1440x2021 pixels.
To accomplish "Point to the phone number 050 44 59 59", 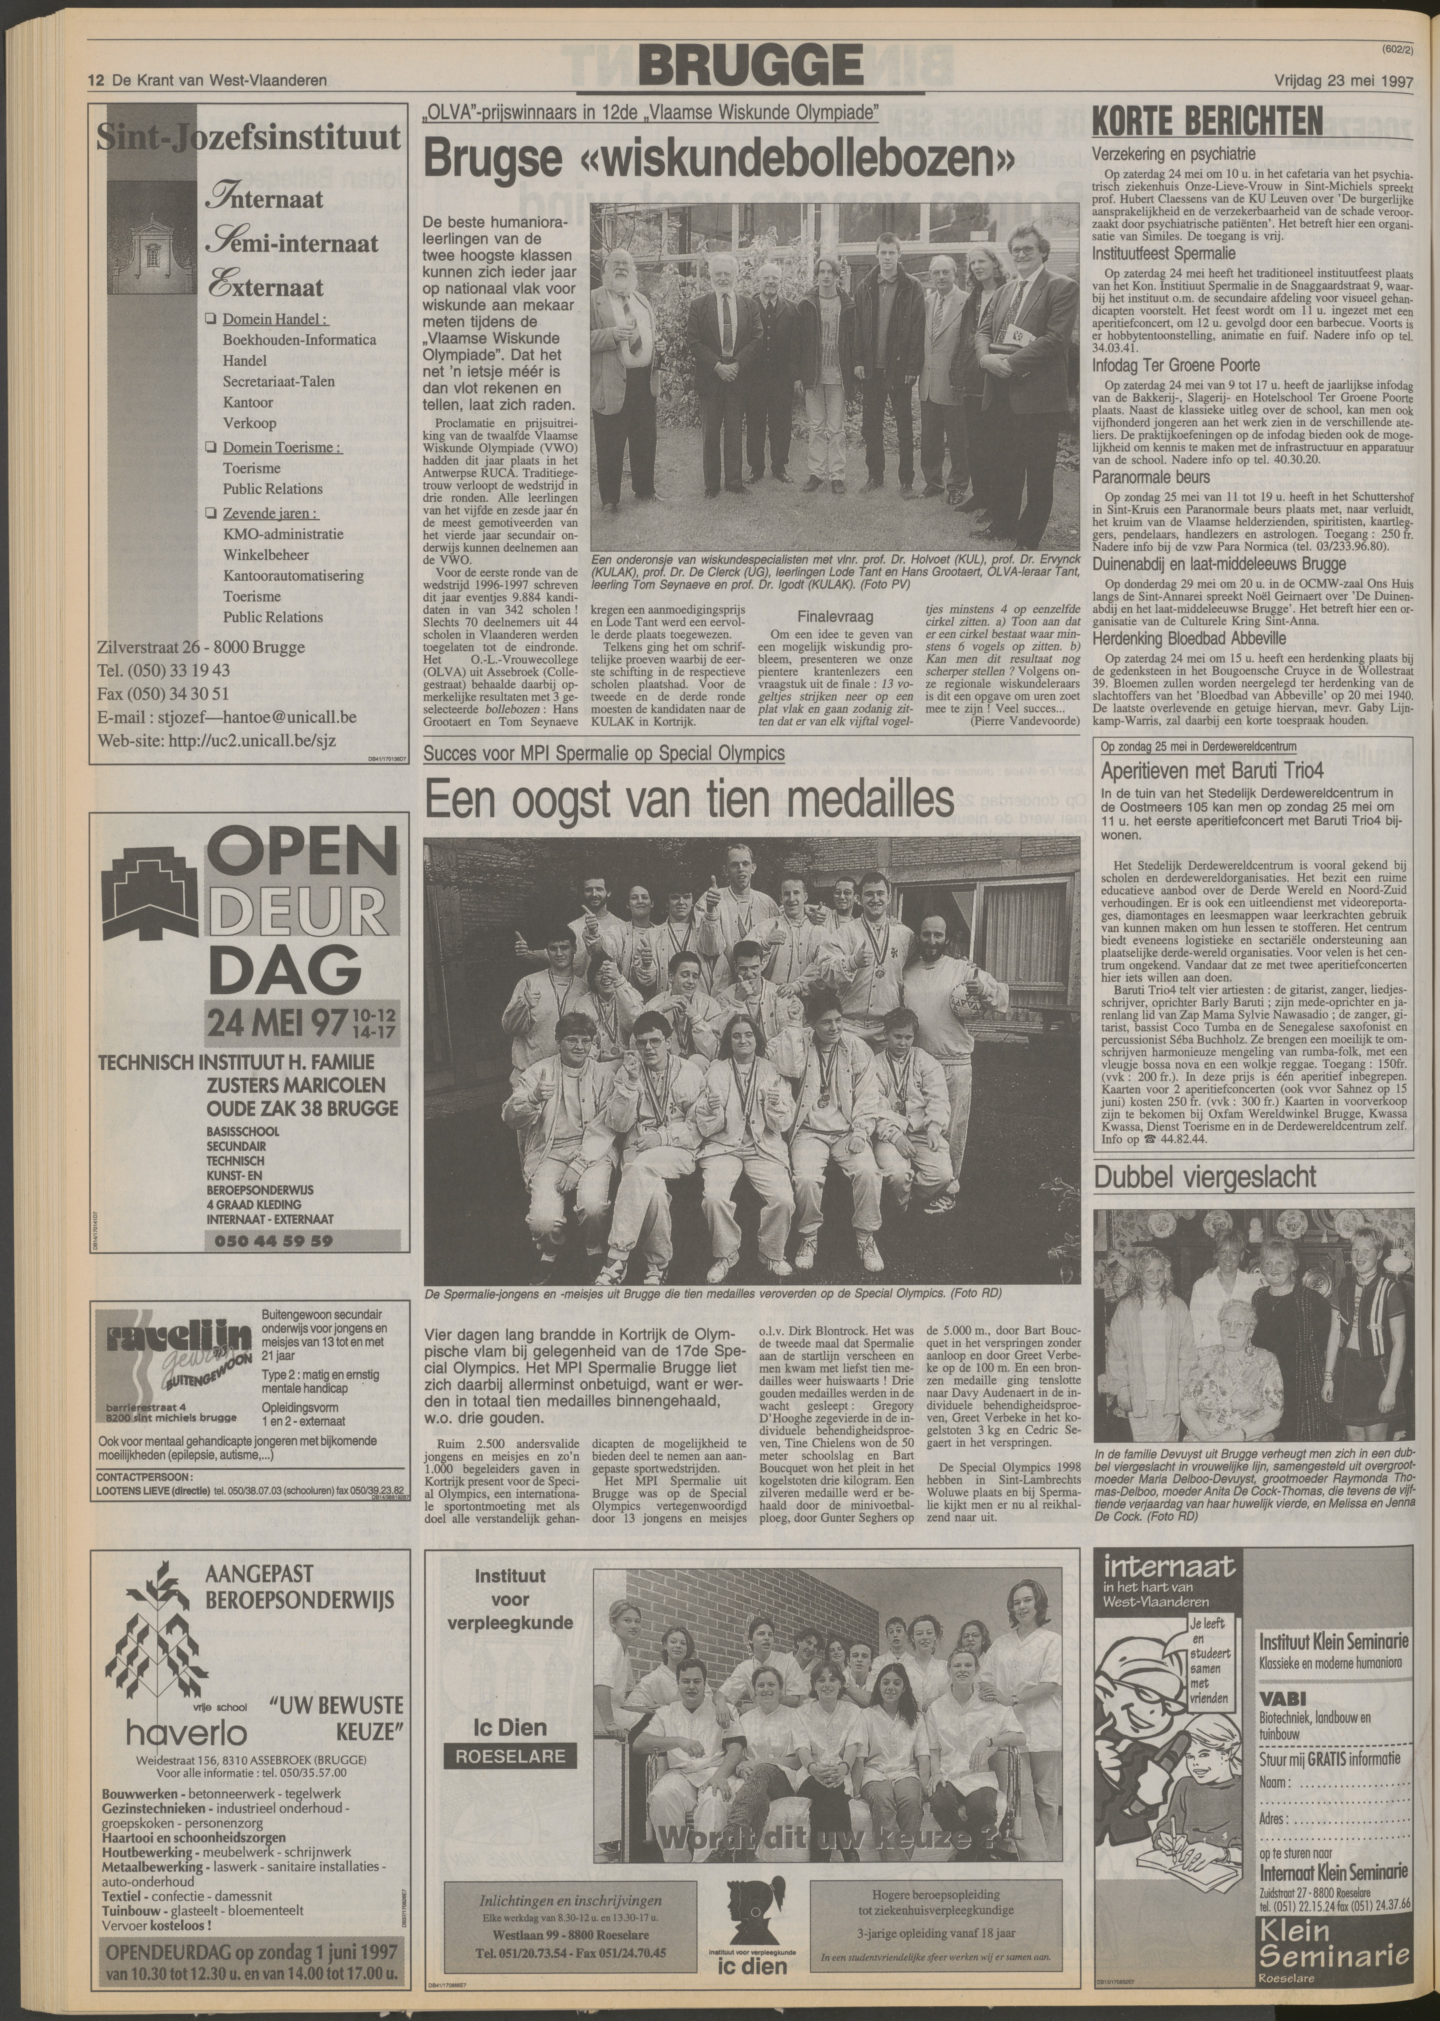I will (273, 1241).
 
